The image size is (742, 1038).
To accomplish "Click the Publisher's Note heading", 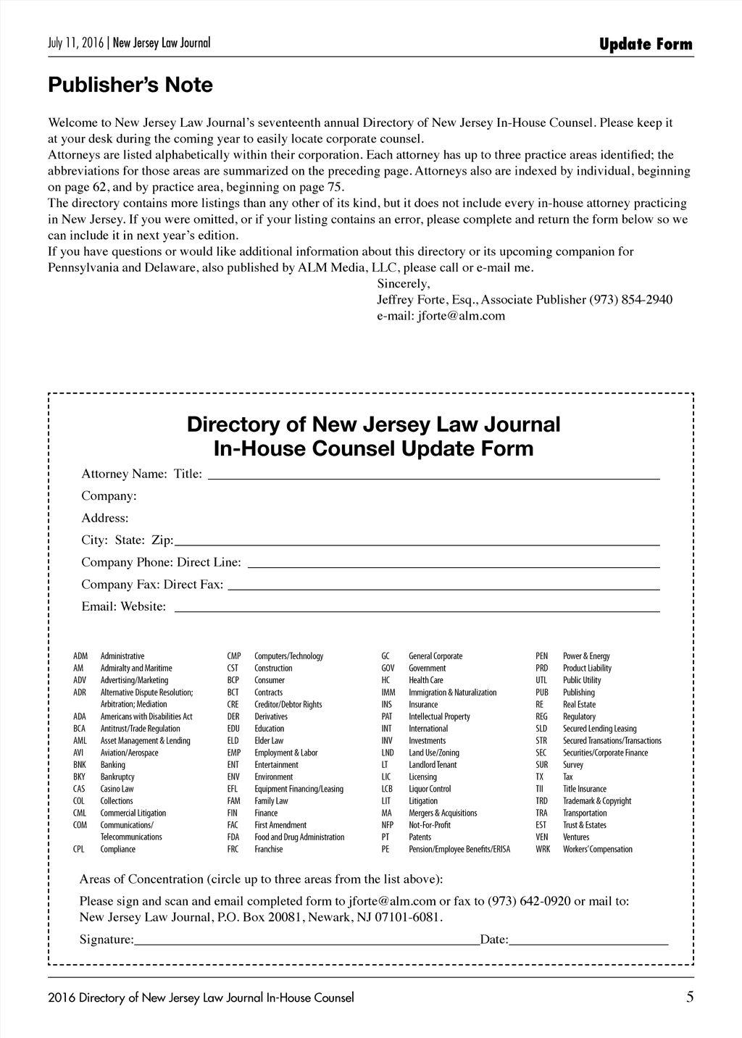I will point(130,85).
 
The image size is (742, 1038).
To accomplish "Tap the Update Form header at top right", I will point(646,45).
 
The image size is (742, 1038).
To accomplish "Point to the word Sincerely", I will point(404,284).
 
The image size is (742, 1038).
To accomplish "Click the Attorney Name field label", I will point(124,474).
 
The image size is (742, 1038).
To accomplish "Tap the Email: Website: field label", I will point(123,607).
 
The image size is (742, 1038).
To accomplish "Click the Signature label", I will point(107,940).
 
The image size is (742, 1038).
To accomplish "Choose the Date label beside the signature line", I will point(495,940).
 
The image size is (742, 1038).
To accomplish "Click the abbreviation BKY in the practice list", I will point(79,777).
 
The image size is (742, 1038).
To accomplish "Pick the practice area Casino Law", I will point(117,789).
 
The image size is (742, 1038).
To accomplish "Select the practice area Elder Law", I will point(269,741).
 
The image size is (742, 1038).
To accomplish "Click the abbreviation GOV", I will point(388,669).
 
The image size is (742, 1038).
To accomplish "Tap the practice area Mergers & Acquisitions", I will point(443,813).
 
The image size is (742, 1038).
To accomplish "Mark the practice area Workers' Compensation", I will point(597,850).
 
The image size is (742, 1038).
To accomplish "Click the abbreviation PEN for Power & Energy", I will point(542,656).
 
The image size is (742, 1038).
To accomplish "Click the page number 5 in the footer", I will point(690,997).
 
